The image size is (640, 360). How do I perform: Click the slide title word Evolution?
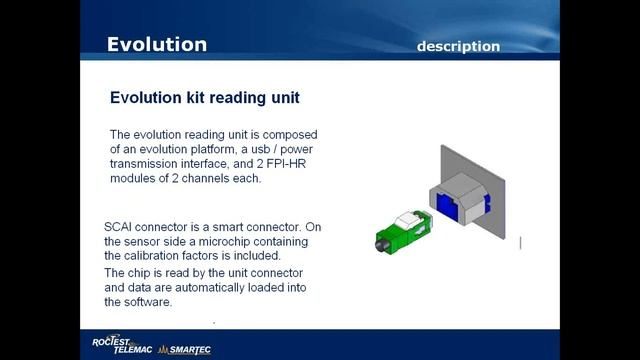tap(157, 44)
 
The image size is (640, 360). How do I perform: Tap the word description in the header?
tap(458, 46)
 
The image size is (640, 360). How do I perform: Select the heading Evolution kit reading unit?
tap(204, 98)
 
